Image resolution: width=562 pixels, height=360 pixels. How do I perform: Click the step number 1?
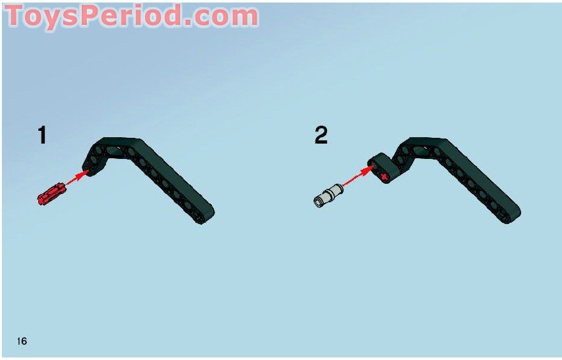(42, 135)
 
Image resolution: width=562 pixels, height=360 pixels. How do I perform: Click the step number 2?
(321, 135)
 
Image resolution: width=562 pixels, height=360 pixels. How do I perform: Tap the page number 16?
(22, 341)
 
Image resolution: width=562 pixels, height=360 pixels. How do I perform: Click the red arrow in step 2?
(358, 176)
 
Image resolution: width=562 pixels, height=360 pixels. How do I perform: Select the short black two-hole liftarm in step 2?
(381, 167)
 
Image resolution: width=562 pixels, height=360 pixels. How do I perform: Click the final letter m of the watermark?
(242, 19)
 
